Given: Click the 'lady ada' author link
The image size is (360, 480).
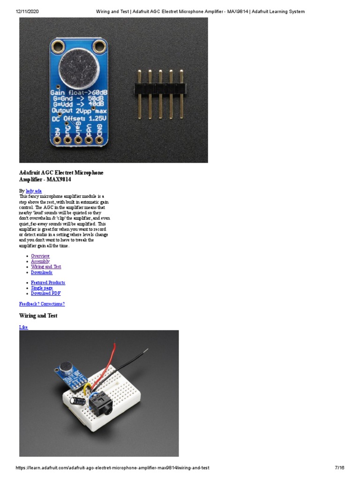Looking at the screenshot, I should [x=34, y=191].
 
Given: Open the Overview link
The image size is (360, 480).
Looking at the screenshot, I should [x=40, y=256].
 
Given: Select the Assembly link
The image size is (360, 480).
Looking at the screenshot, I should [x=40, y=261].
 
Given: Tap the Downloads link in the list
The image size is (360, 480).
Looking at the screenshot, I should [x=42, y=272].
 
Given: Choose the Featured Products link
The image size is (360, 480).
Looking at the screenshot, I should [x=48, y=283].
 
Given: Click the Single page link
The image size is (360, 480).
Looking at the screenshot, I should [x=42, y=288].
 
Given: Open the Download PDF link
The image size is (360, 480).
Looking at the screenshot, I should [x=45, y=293].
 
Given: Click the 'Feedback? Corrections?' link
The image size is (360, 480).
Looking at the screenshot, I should [x=42, y=304].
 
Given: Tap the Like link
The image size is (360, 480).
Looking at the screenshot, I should [x=23, y=327].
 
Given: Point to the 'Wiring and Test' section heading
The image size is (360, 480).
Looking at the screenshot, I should [x=38, y=316].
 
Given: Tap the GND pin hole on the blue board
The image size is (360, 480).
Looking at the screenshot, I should [x=99, y=139].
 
